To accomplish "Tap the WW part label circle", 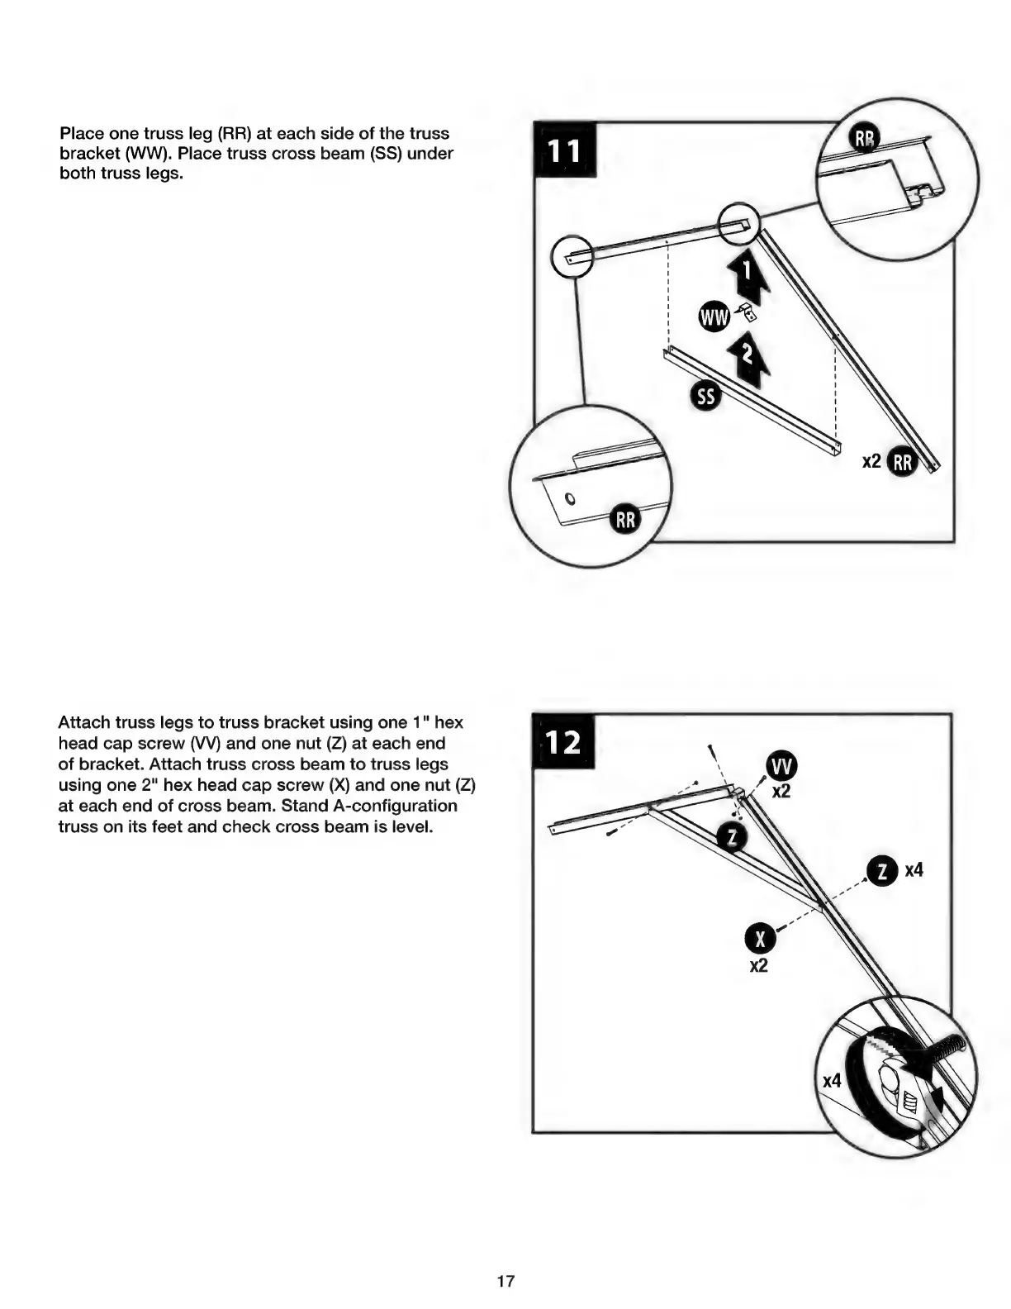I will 714,317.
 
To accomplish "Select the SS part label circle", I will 705,397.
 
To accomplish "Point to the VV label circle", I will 781,767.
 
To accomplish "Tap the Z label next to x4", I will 883,871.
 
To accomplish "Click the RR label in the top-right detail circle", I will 865,140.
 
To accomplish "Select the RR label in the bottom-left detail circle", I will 625,520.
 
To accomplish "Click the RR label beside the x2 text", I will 902,463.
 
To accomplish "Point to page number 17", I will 505,1282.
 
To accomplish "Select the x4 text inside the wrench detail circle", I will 831,1081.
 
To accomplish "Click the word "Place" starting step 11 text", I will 79,133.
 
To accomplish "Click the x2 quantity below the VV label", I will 781,792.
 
